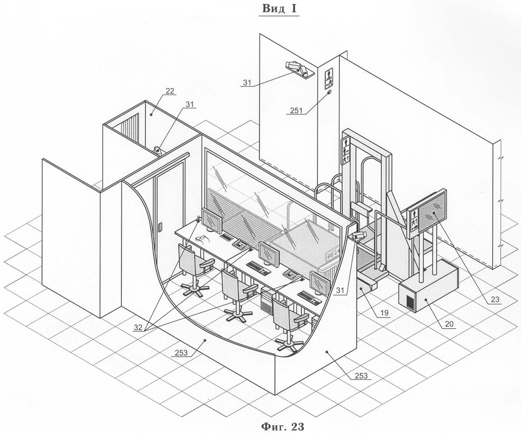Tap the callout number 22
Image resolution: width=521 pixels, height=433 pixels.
(170, 91)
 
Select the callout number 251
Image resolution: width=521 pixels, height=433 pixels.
(296, 110)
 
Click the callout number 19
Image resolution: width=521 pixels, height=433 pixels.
(384, 312)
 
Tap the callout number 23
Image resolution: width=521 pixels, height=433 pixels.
(495, 299)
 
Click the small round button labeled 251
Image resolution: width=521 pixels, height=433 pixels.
(330, 92)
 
